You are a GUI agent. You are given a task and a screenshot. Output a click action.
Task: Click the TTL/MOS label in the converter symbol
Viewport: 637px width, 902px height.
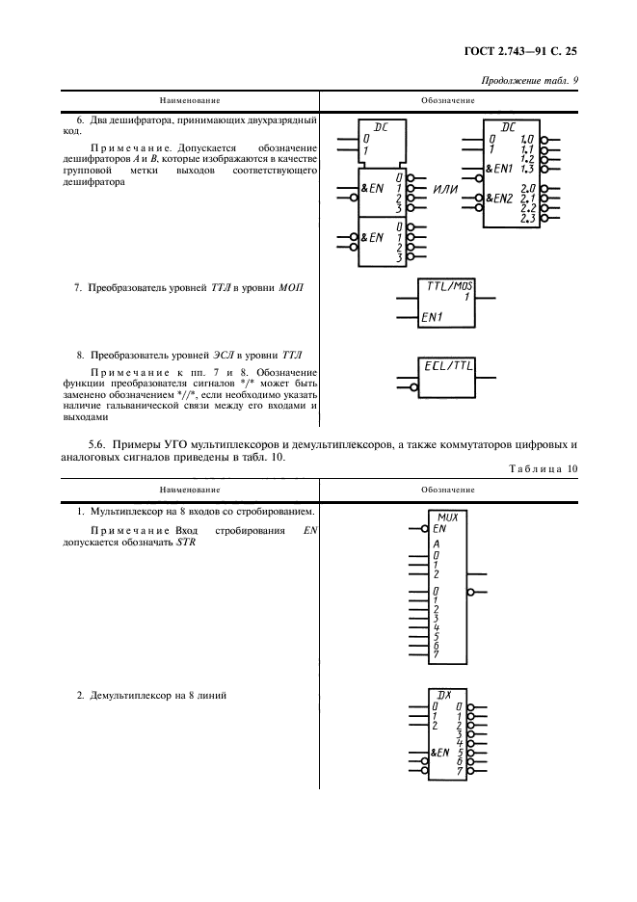[449, 284]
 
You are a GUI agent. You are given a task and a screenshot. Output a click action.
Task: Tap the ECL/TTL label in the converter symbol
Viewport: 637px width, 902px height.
[449, 365]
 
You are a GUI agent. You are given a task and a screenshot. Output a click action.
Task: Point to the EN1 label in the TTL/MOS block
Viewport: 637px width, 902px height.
[431, 317]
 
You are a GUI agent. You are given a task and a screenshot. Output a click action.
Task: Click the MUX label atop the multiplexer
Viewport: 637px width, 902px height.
[446, 517]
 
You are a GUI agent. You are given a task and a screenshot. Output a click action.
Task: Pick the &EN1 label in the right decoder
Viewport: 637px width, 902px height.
[499, 169]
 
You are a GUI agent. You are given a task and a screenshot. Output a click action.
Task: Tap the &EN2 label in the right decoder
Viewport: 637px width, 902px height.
[499, 199]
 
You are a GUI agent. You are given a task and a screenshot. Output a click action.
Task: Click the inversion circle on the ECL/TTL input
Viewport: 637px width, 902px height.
[413, 388]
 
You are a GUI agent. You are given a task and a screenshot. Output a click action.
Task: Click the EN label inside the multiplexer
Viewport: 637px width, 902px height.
[439, 528]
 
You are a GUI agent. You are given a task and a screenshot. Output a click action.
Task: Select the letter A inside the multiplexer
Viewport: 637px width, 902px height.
[437, 544]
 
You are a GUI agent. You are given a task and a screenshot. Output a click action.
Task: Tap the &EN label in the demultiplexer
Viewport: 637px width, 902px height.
[440, 752]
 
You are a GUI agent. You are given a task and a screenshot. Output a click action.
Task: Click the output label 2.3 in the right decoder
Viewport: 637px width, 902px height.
[527, 219]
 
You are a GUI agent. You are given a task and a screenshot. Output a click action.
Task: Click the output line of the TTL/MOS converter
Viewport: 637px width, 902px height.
[487, 298]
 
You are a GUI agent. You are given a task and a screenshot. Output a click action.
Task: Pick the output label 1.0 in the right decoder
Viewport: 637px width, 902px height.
[527, 141]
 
